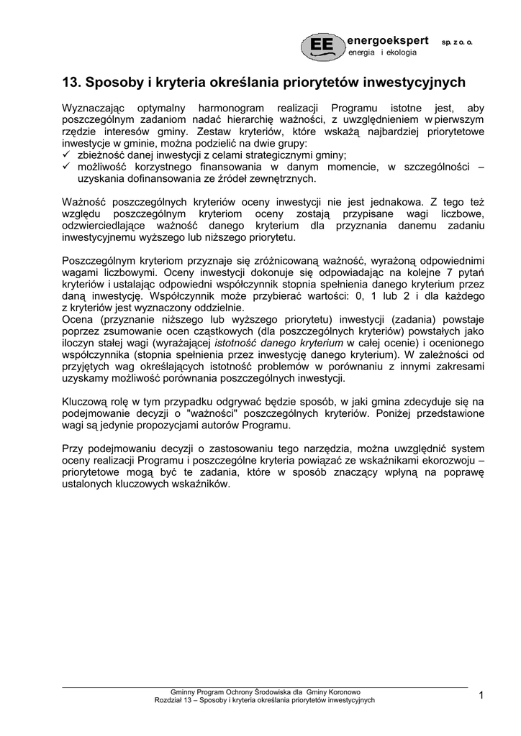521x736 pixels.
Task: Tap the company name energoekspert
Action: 388,40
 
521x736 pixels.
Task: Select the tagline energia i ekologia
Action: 382,53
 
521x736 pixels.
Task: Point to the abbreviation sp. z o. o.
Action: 457,42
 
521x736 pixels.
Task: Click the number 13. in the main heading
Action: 73,82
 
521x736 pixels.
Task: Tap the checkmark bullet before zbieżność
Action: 67,155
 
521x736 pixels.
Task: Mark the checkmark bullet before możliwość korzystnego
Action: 67,167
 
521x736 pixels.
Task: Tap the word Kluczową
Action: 87,401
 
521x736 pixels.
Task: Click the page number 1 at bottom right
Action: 481,694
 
